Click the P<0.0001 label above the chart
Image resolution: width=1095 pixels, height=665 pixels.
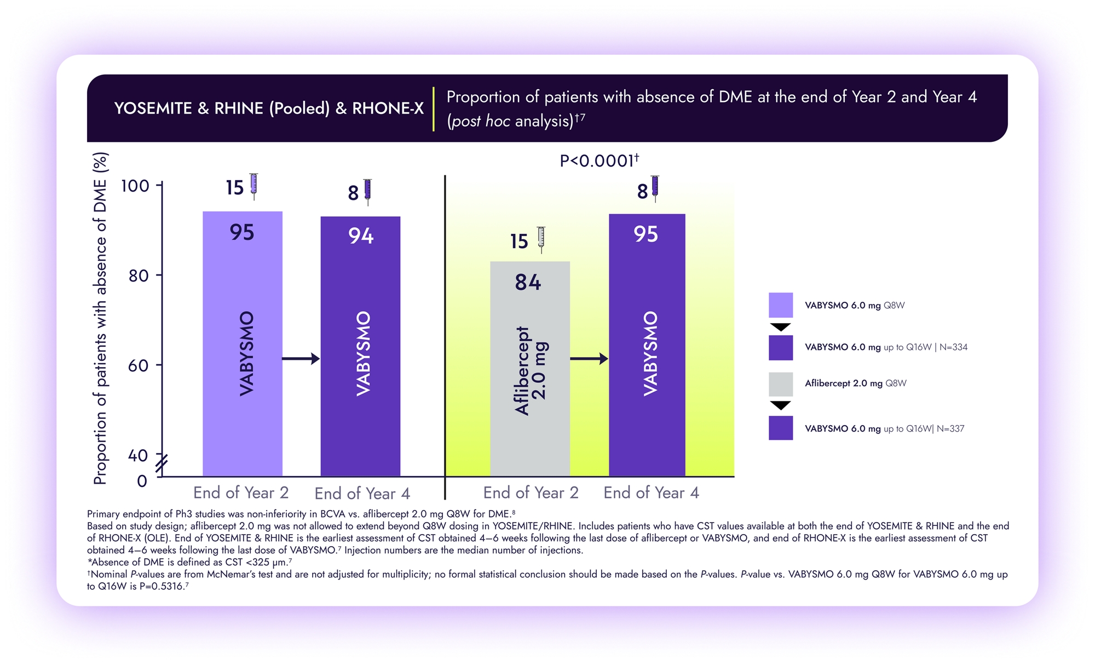(598, 161)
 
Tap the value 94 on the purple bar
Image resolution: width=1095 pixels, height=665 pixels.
(361, 236)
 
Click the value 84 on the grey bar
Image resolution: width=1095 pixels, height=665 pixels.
(528, 283)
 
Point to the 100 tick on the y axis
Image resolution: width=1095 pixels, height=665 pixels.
(135, 186)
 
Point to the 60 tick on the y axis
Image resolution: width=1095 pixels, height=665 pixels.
(138, 365)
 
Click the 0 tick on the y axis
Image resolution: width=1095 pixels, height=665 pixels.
(142, 481)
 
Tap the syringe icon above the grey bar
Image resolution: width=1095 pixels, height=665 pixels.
(541, 239)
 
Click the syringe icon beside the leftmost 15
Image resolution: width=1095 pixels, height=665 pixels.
(253, 186)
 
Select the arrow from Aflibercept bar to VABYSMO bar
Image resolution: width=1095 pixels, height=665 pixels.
(589, 359)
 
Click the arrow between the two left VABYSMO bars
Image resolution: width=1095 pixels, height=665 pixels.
(301, 359)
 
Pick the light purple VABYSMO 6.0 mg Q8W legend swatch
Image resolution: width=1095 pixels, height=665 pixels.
(780, 305)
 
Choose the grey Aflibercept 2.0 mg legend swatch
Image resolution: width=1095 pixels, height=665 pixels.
(780, 384)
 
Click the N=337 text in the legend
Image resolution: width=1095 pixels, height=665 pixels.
(950, 429)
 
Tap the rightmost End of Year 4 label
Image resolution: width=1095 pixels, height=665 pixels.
(651, 492)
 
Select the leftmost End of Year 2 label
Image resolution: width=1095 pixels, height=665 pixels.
(241, 492)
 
